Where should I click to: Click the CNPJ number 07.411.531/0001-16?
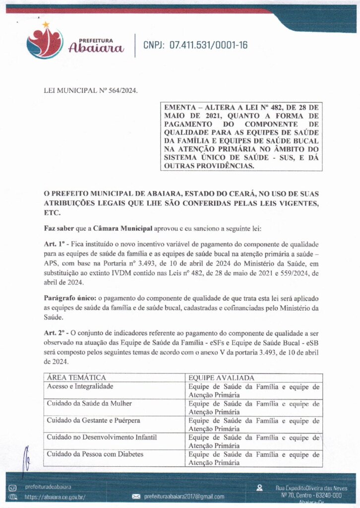tap(195, 46)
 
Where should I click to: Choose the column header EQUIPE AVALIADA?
tap(222, 378)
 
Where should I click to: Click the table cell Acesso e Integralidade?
tap(80, 386)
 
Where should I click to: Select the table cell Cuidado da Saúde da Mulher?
tap(89, 403)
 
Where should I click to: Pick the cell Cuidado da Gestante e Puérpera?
tap(93, 421)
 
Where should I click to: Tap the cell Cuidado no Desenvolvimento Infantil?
tap(102, 438)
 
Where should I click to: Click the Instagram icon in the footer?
tap(13, 487)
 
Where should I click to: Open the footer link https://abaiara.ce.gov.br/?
tap(55, 496)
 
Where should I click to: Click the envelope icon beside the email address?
tap(136, 496)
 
